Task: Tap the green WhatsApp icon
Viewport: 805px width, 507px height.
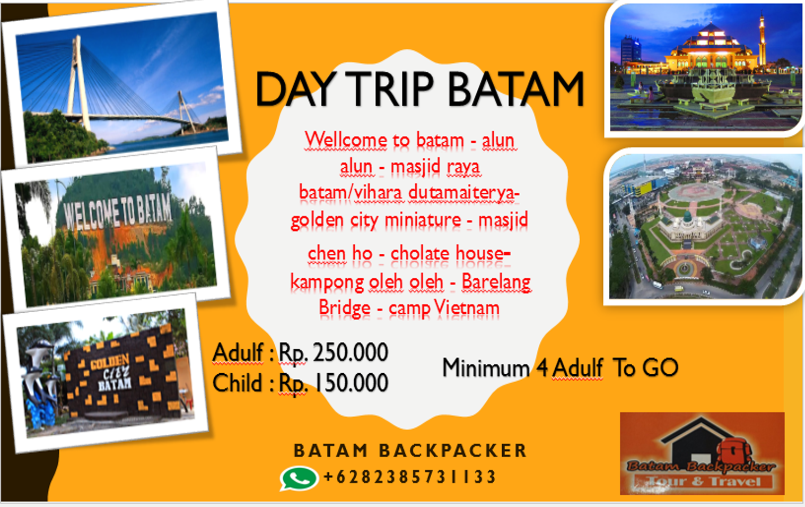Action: click(299, 478)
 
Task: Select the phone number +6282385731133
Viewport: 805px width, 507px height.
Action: click(410, 477)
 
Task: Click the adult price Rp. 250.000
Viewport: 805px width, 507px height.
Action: click(334, 353)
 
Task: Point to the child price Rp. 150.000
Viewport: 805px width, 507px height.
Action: click(334, 383)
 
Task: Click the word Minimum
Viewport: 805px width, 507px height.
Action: click(486, 368)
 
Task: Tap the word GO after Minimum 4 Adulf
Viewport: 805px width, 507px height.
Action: click(660, 368)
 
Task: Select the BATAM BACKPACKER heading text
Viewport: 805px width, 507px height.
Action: click(410, 451)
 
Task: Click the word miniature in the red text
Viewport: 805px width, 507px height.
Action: click(423, 219)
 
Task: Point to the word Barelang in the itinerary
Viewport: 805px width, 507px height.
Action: click(496, 282)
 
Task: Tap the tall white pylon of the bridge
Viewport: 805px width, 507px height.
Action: click(78, 83)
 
